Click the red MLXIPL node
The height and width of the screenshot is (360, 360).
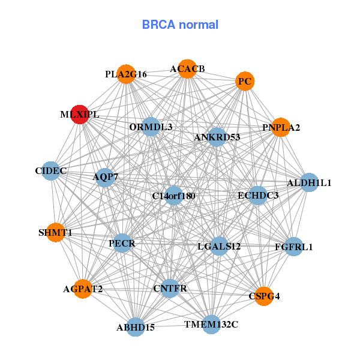[80, 114]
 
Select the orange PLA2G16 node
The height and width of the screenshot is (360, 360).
[126, 74]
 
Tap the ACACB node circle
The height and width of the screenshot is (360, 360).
[187, 69]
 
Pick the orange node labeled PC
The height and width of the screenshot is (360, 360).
[244, 81]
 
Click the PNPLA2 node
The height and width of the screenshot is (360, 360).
[281, 127]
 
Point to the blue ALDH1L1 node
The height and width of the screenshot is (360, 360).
[308, 182]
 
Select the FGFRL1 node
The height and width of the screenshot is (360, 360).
[293, 247]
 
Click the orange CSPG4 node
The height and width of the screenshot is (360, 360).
[264, 296]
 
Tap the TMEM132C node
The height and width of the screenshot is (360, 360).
[211, 325]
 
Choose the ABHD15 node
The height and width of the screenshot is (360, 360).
[136, 327]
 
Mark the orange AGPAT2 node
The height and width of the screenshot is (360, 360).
[83, 289]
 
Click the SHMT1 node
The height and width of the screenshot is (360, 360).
[55, 232]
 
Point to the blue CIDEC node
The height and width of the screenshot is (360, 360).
[51, 171]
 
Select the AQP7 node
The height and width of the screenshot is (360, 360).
[106, 177]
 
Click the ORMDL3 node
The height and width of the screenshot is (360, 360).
[151, 127]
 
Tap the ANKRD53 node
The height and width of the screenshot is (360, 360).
[217, 137]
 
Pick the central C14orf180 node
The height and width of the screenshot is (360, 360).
[173, 196]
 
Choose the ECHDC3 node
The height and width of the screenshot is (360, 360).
[257, 195]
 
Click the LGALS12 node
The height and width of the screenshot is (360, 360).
[219, 246]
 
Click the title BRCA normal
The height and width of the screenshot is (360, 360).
[180, 25]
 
